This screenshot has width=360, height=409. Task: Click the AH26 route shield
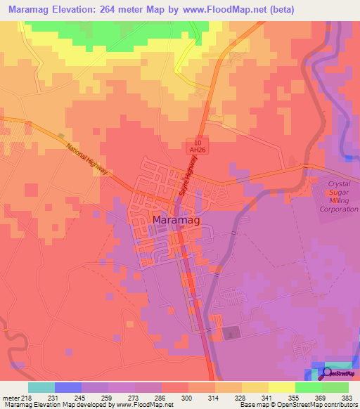[200, 149]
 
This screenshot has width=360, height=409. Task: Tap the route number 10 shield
[200, 141]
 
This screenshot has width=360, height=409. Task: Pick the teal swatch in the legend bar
[41, 387]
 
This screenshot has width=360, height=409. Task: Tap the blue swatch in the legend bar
[68, 387]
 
